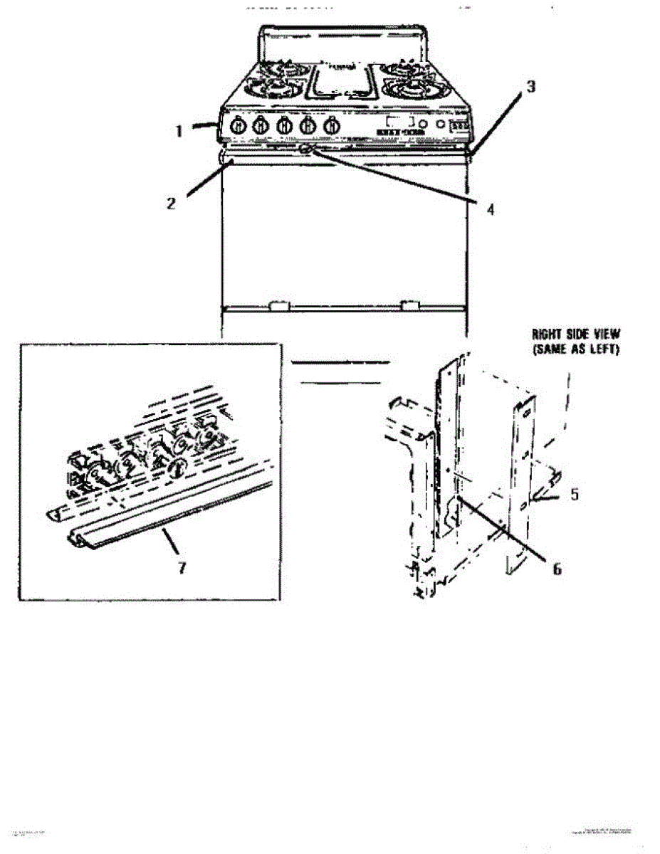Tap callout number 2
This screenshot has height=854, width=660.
point(171,203)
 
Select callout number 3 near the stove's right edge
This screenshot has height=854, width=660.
point(530,86)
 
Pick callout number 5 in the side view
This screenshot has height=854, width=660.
point(574,492)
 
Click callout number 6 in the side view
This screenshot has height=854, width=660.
point(557,569)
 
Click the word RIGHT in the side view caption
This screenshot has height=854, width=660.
point(550,334)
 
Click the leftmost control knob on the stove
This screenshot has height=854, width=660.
point(240,126)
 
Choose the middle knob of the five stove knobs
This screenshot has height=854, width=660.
point(285,126)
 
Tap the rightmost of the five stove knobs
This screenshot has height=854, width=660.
point(330,126)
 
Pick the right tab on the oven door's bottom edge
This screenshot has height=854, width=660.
point(409,306)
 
